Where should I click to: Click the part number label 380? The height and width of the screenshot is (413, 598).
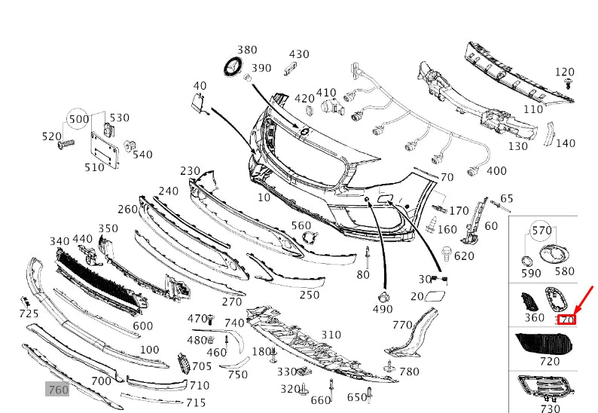pos(247,50)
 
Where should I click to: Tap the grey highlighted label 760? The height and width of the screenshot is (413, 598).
pos(58,390)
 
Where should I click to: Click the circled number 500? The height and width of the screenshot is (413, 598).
pos(78,119)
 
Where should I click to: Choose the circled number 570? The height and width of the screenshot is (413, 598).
pos(542,231)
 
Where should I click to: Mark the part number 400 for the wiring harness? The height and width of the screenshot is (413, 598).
pos(496,171)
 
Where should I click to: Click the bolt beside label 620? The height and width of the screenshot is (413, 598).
pos(447,254)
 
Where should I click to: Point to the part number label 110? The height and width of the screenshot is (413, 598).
pos(533,109)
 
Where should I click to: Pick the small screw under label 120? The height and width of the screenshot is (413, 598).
pos(569,83)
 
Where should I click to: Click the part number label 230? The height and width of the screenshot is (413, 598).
pos(190,171)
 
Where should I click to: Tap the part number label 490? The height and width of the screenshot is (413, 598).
pos(382,309)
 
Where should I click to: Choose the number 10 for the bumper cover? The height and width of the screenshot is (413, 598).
pos(264,197)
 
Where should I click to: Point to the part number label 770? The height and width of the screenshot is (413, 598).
pos(402,325)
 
